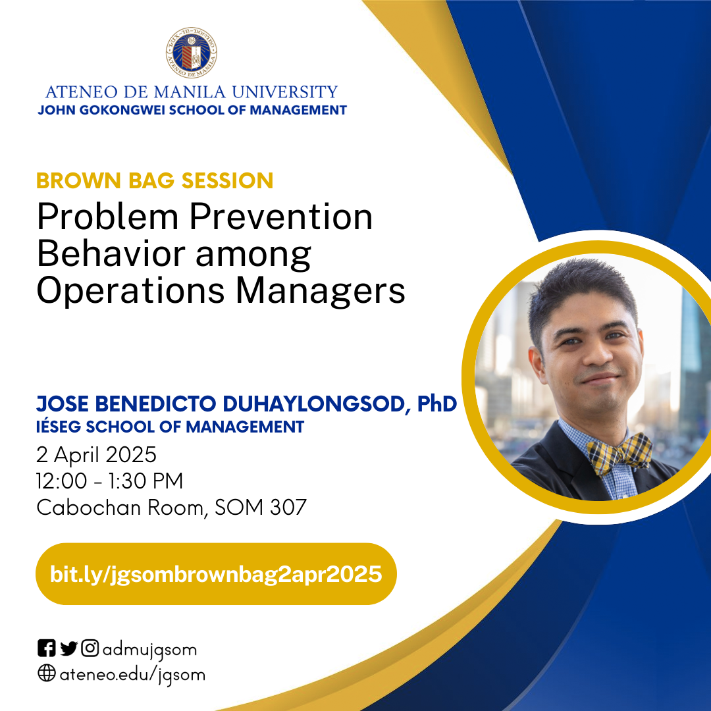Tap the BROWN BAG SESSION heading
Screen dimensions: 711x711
pos(155,180)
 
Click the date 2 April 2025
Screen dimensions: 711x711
pos(97,455)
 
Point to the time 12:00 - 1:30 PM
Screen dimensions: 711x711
pos(110,481)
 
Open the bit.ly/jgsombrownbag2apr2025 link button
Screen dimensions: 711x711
pos(216,574)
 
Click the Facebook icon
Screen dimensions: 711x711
pos(46,649)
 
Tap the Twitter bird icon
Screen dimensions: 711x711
pos(68,649)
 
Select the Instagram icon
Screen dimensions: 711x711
pos(90,649)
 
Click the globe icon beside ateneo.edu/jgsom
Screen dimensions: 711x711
pos(46,674)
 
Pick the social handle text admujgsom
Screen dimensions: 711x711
pos(149,650)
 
